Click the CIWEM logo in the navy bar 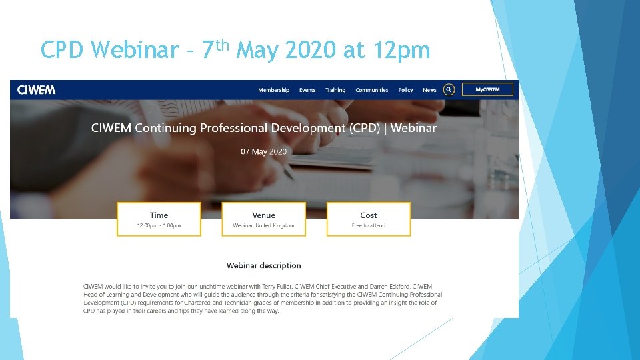36,90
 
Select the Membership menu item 273,90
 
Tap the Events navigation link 307,90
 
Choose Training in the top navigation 335,90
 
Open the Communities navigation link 371,90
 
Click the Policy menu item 405,90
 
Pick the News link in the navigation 429,90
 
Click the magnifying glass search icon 449,89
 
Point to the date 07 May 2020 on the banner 264,151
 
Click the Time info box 159,219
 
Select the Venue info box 263,219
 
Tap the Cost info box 368,219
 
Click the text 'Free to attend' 368,226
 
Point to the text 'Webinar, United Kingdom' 263,226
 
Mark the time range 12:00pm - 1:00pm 159,226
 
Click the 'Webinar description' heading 263,265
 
